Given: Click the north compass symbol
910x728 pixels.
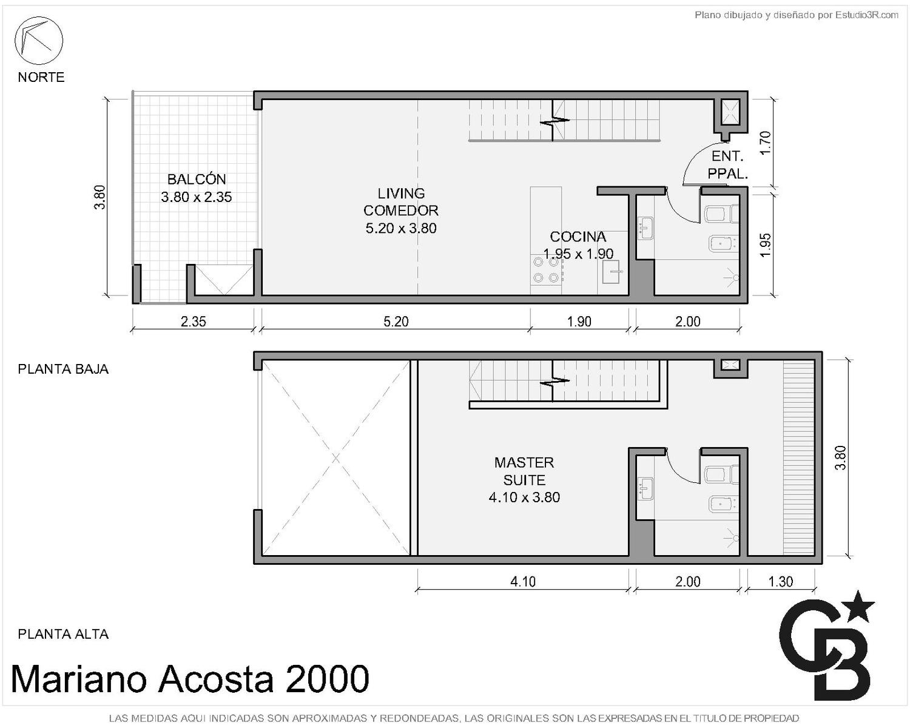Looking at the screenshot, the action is click(x=39, y=41).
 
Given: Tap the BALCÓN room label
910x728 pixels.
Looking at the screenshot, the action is click(x=197, y=180).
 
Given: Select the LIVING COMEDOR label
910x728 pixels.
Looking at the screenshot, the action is click(x=401, y=202).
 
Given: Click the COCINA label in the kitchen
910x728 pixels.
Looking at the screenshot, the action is click(x=578, y=237).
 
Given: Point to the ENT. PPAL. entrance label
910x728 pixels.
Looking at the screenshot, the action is click(x=728, y=164).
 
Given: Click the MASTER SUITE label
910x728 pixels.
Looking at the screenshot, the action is click(x=524, y=471).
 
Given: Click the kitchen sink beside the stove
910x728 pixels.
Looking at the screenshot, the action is click(x=611, y=272).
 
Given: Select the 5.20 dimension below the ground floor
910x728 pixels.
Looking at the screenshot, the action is click(x=396, y=322).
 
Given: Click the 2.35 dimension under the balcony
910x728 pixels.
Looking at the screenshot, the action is click(x=194, y=322).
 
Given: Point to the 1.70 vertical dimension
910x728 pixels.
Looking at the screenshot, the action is click(x=766, y=143).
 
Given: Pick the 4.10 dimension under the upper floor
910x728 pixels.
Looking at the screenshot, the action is click(x=523, y=582).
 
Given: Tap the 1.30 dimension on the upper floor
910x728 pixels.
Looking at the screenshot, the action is click(x=781, y=582).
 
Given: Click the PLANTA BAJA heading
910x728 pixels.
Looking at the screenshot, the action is click(x=63, y=369).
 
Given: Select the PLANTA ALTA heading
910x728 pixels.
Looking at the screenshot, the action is click(x=63, y=634).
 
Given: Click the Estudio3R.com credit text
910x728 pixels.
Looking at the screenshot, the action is click(x=866, y=15).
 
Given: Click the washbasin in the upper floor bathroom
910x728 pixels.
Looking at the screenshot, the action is click(x=645, y=488).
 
